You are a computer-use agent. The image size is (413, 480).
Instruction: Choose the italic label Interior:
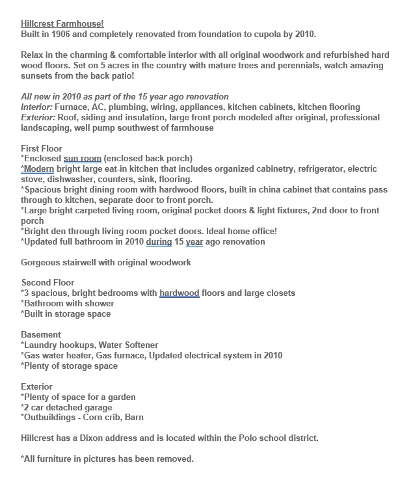[x=38, y=107]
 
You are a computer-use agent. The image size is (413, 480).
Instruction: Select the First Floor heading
[x=42, y=148]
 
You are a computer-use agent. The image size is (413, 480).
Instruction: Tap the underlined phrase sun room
[x=83, y=159]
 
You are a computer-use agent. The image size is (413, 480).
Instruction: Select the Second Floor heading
[x=47, y=282]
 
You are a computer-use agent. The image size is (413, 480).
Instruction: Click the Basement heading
[x=41, y=334]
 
